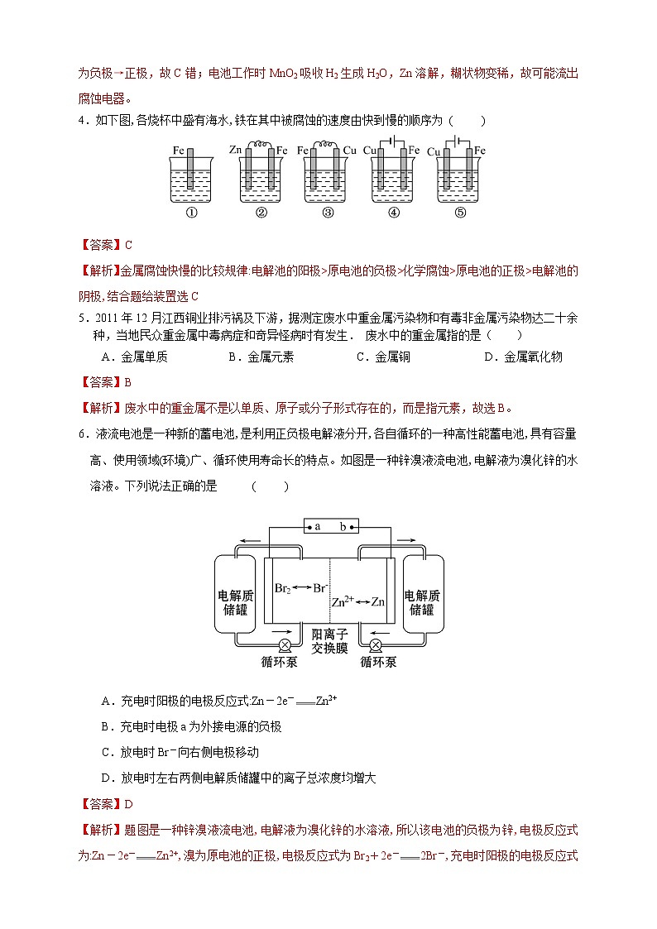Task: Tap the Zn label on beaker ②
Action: pyautogui.click(x=234, y=150)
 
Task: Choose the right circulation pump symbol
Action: pyautogui.click(x=376, y=645)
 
